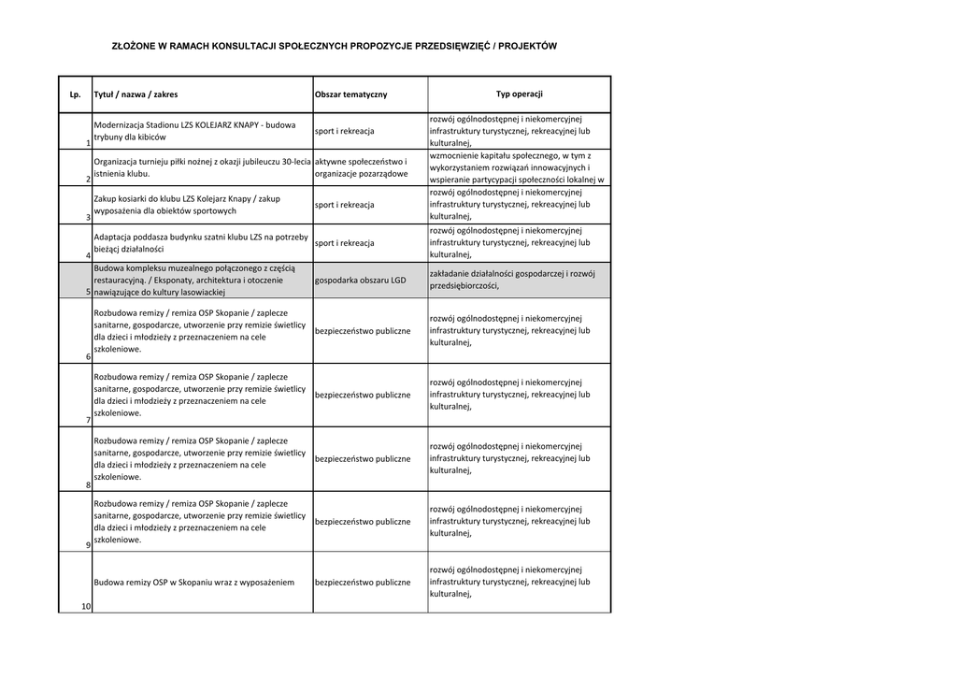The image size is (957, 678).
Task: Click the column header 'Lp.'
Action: click(x=76, y=94)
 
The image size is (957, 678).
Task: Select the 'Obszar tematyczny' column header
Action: click(x=350, y=94)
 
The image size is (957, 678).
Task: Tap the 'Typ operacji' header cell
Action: click(x=519, y=94)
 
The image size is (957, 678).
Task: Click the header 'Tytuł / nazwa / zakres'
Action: click(x=136, y=94)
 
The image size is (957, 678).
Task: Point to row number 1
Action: click(x=87, y=143)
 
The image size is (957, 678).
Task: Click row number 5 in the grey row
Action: click(x=87, y=292)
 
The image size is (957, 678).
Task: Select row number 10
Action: click(x=85, y=606)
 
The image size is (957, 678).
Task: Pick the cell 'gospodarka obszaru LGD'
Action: click(x=361, y=280)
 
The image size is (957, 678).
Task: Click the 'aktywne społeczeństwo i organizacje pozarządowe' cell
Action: click(x=362, y=167)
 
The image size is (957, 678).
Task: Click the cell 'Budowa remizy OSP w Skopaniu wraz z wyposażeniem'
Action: click(x=193, y=582)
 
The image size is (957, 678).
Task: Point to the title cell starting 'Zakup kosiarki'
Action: click(x=186, y=205)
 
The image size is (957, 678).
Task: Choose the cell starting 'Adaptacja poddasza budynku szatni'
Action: click(x=200, y=243)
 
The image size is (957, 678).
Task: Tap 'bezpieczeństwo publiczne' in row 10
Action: click(x=363, y=582)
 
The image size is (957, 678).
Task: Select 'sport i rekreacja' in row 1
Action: click(x=344, y=131)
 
